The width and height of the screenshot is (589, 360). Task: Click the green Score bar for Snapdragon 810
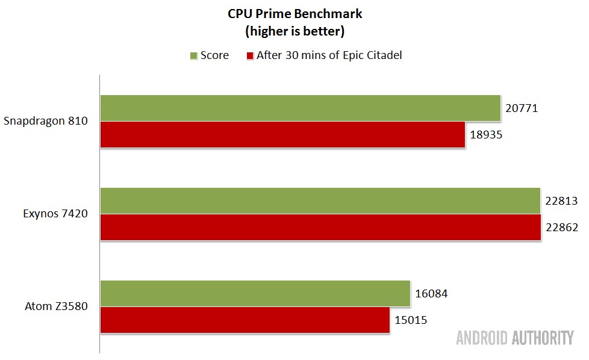tap(300, 108)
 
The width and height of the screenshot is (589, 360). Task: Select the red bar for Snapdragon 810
tap(282, 134)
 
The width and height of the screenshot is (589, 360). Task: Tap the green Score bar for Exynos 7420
tap(320, 200)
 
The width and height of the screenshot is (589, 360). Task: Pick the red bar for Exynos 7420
tap(320, 228)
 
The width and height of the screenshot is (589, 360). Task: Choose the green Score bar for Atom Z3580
tap(255, 293)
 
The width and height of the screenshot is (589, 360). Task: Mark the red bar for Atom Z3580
tap(245, 320)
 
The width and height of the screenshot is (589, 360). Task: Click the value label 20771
tap(522, 108)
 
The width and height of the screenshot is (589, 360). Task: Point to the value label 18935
tap(485, 135)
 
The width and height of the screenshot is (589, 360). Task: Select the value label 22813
tap(561, 201)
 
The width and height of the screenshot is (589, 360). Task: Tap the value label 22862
tap(562, 228)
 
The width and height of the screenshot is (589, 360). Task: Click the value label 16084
tap(431, 294)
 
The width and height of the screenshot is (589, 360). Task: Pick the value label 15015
tap(411, 320)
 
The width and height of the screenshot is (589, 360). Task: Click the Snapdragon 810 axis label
tap(46, 121)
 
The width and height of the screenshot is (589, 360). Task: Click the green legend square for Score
tap(194, 56)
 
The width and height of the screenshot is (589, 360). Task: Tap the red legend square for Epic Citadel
tap(250, 56)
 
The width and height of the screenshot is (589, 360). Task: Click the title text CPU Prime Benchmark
tap(295, 13)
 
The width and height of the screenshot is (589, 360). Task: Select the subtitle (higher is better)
tap(295, 30)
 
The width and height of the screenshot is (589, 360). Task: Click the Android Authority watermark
tap(515, 338)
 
